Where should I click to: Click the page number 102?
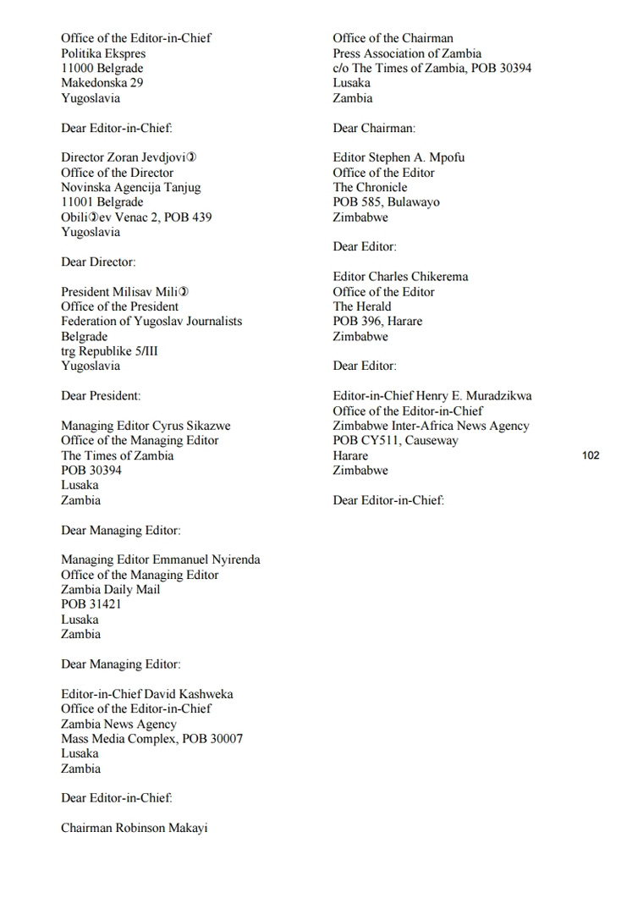pyautogui.click(x=591, y=455)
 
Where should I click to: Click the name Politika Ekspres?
pyautogui.click(x=103, y=53)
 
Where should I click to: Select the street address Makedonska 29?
pyautogui.click(x=102, y=83)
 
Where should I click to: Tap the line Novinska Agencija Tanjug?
pyautogui.click(x=130, y=187)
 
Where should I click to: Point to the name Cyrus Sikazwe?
pyautogui.click(x=190, y=426)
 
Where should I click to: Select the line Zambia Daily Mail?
pyautogui.click(x=110, y=589)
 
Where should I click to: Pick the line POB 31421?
pyautogui.click(x=91, y=604)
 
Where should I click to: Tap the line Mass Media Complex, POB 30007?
pyautogui.click(x=151, y=739)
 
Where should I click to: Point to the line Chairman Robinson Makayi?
pyautogui.click(x=134, y=828)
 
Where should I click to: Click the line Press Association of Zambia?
pyautogui.click(x=407, y=53)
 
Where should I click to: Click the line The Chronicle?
pyautogui.click(x=370, y=187)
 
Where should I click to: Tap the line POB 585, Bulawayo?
pyautogui.click(x=386, y=202)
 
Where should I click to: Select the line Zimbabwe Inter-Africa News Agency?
pyautogui.click(x=431, y=426)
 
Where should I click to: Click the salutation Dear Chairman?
pyautogui.click(x=374, y=128)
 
